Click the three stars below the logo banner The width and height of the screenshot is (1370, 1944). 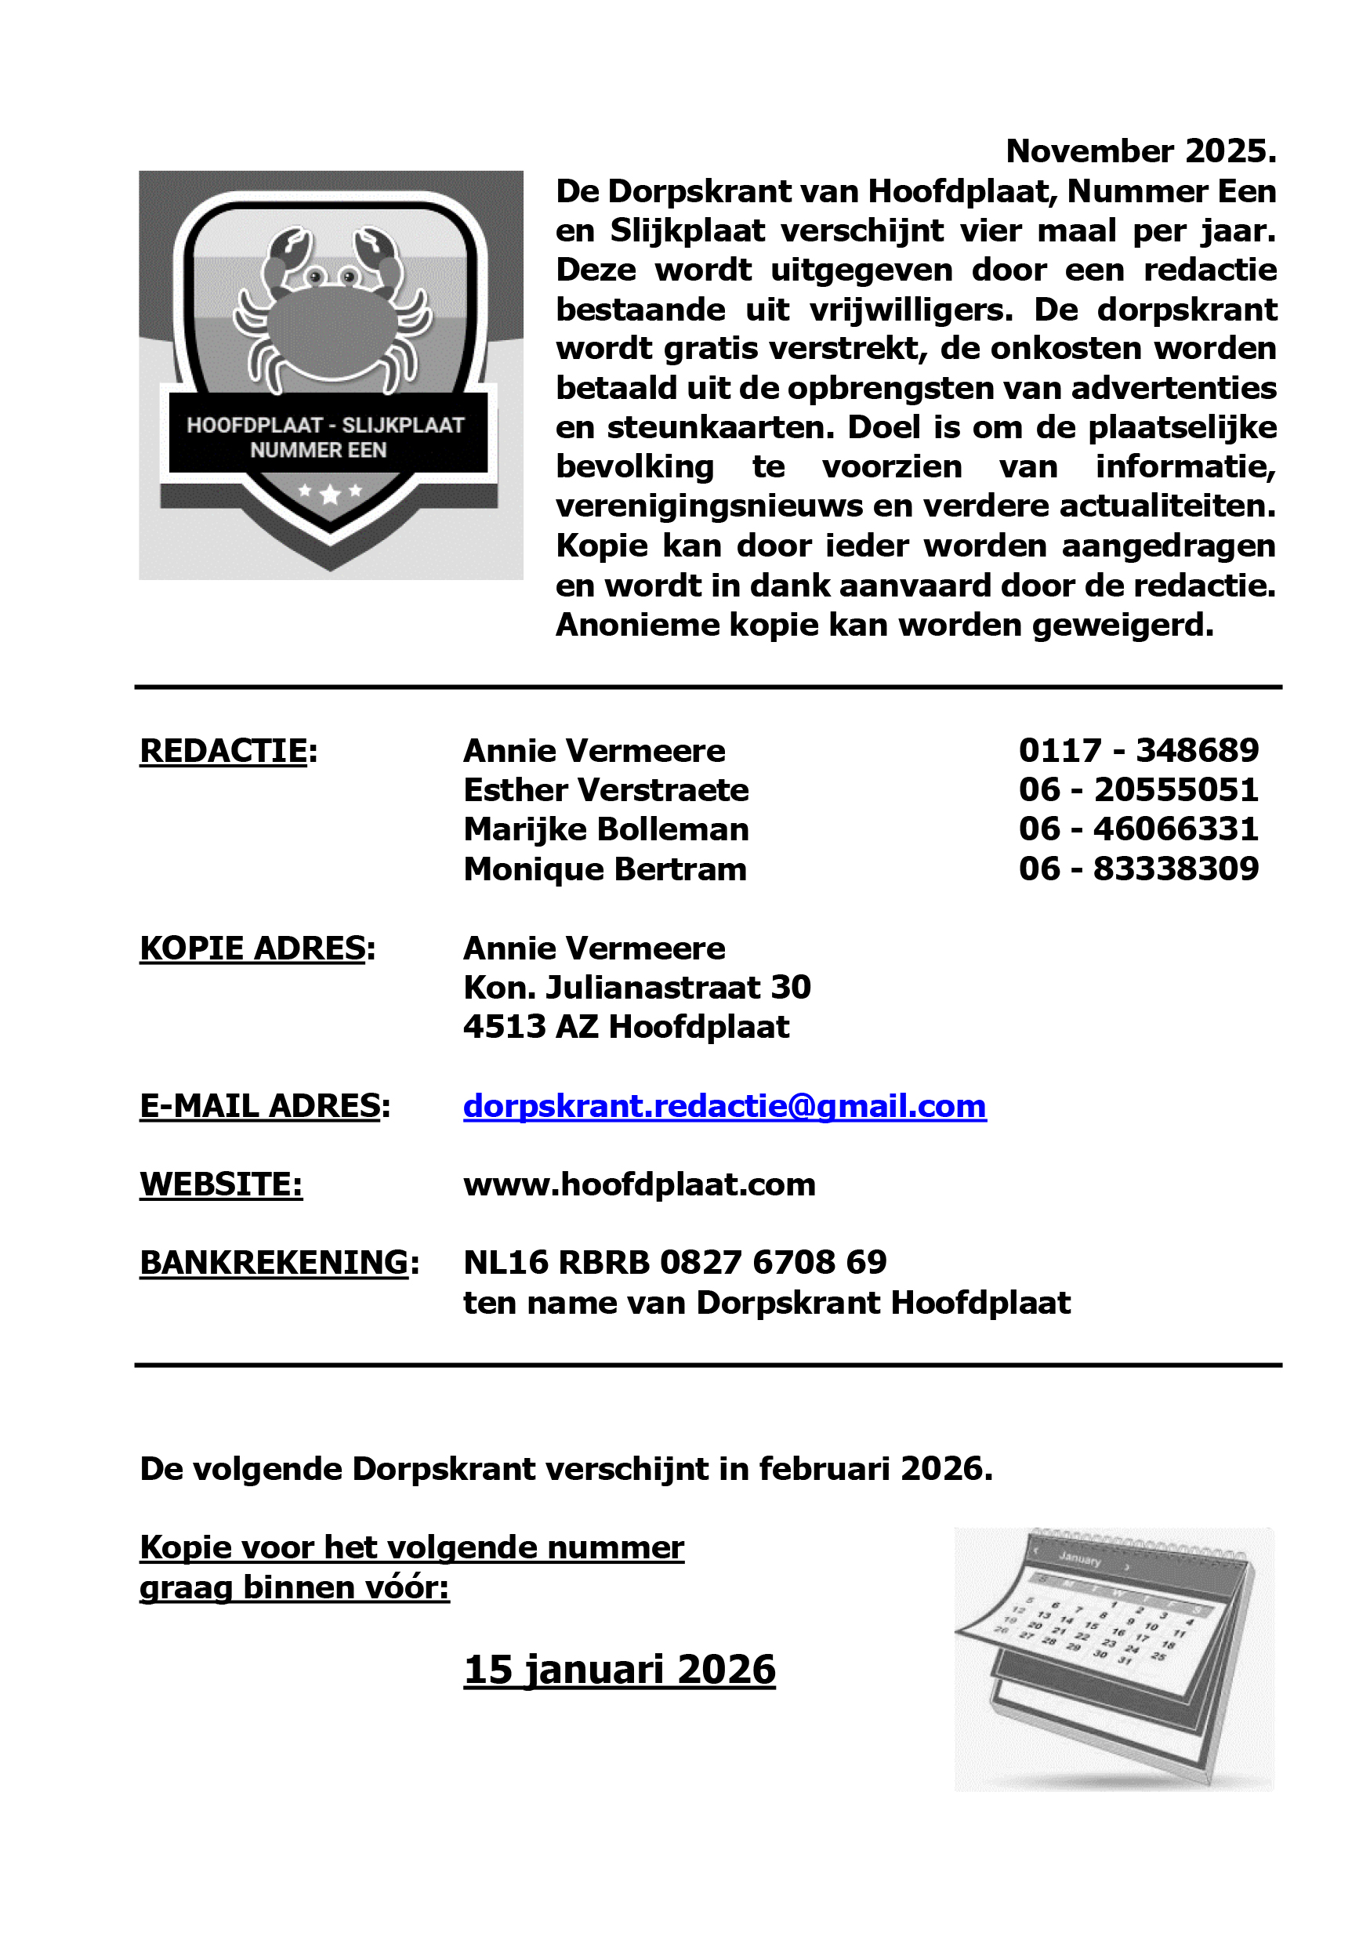click(330, 492)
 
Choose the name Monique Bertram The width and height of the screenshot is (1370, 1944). click(604, 869)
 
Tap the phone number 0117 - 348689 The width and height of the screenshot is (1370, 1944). click(1138, 750)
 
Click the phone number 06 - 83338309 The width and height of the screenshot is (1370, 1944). click(1138, 869)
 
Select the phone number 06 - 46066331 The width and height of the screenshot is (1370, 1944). click(1138, 829)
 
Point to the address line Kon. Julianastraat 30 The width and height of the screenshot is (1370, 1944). click(636, 987)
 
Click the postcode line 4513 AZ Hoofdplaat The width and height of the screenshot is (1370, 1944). click(625, 1027)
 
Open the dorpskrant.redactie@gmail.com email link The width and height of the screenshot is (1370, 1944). click(724, 1106)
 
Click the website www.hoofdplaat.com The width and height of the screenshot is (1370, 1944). click(639, 1184)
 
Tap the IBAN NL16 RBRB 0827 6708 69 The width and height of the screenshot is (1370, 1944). click(675, 1262)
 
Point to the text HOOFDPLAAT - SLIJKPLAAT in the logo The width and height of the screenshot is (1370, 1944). click(326, 425)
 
